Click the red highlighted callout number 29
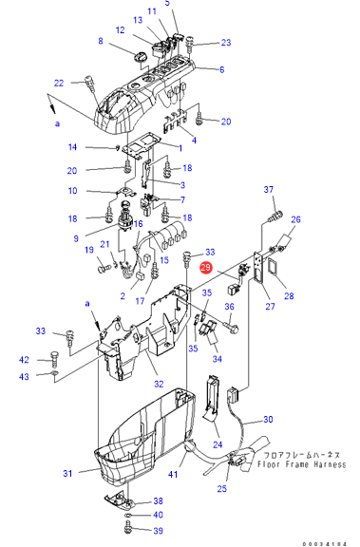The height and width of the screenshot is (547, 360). [205, 268]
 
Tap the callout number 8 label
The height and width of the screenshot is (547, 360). [101, 41]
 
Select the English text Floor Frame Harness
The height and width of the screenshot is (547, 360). [302, 464]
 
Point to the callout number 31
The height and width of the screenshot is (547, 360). [67, 473]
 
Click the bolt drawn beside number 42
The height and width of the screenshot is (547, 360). [54, 359]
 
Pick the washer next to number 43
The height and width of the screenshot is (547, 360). [54, 374]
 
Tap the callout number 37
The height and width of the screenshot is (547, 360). [268, 189]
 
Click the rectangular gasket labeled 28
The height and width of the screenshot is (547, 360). [272, 268]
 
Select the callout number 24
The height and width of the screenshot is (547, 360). [218, 444]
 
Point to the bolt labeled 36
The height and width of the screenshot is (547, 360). [233, 326]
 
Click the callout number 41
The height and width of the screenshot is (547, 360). [173, 474]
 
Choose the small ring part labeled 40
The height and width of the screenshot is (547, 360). [128, 515]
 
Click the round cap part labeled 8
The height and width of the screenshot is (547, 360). [142, 57]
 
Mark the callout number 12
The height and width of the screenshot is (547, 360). [120, 30]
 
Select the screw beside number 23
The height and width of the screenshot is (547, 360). [191, 44]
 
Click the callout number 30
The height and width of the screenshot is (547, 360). [268, 419]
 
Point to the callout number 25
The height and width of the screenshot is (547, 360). [222, 488]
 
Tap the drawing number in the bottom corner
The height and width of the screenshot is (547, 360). [325, 544]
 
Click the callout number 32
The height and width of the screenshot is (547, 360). [159, 384]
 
